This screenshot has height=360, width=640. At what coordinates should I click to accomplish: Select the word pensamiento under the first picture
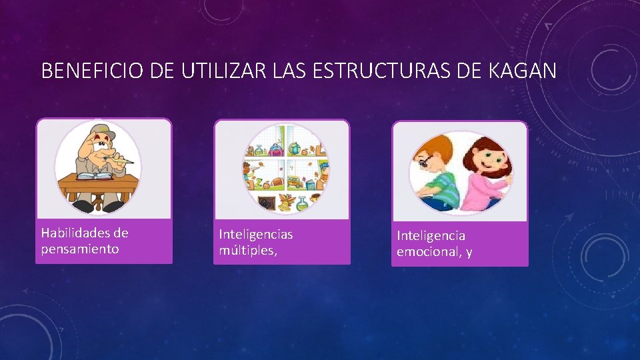click(80, 249)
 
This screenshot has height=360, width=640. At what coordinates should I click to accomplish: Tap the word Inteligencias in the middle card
click(256, 235)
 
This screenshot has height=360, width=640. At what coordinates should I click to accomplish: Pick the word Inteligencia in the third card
click(431, 236)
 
